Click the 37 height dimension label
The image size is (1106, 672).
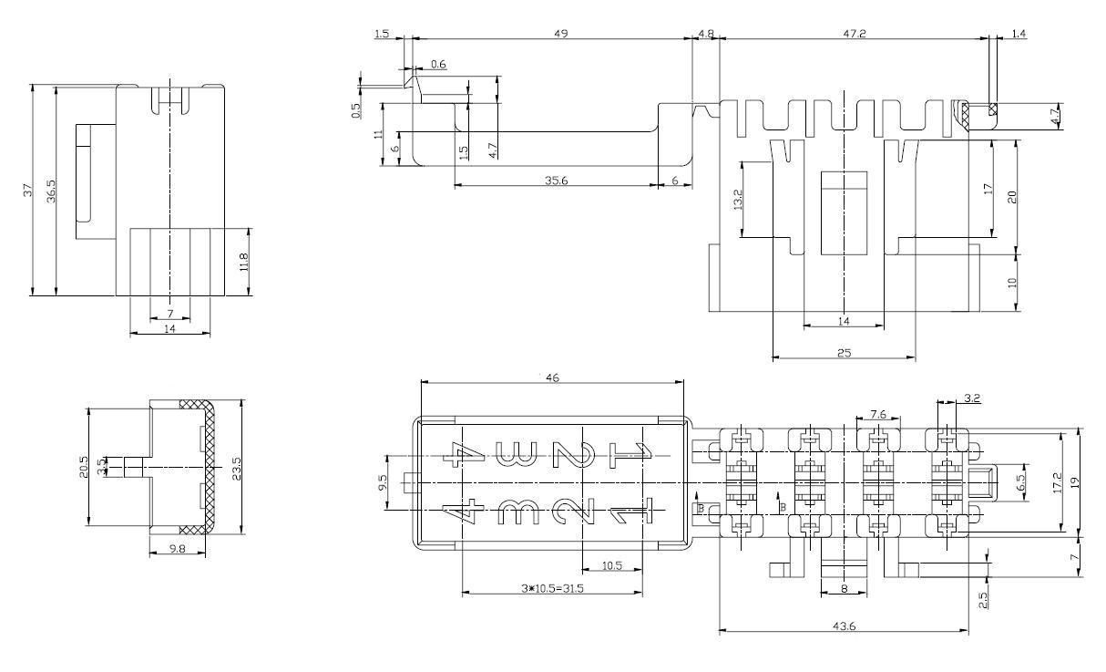coord(27,191)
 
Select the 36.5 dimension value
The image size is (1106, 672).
coord(51,191)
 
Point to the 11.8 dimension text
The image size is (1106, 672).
coord(243,262)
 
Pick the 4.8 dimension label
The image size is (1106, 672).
coord(706,34)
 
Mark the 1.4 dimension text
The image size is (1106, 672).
coord(1019,34)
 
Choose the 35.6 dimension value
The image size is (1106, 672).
coord(558,181)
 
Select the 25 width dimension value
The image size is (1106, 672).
coord(844,353)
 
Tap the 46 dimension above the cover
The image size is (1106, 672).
coord(552,376)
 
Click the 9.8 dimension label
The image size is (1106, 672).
coord(177,549)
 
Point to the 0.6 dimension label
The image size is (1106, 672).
coord(438,64)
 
